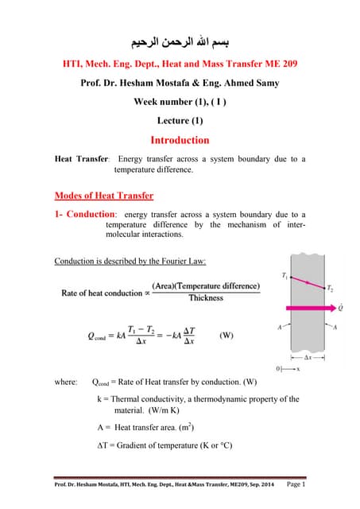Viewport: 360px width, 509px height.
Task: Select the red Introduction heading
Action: click(x=180, y=140)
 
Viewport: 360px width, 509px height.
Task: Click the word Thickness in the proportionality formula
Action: click(x=205, y=298)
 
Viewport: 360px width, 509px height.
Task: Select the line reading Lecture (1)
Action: click(x=180, y=120)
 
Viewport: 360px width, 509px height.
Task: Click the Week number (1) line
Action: click(x=180, y=101)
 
